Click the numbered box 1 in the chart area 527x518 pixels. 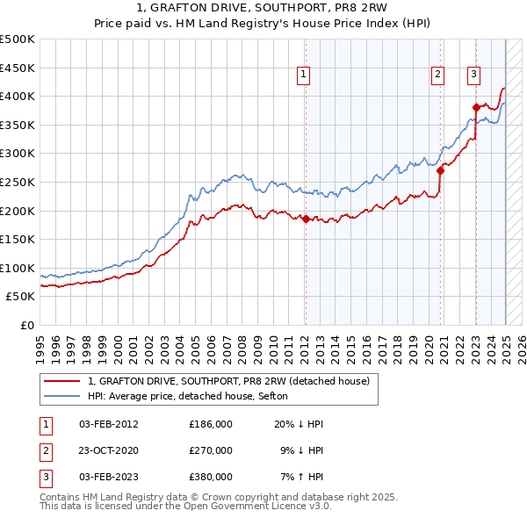[303, 76]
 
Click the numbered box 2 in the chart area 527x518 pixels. [437, 76]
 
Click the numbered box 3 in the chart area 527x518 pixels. [473, 76]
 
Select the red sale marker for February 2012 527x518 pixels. [306, 219]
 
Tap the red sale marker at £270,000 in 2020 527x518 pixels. [441, 171]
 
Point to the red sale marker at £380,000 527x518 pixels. [476, 108]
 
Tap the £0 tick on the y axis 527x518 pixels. [28, 325]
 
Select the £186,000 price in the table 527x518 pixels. [211, 424]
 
